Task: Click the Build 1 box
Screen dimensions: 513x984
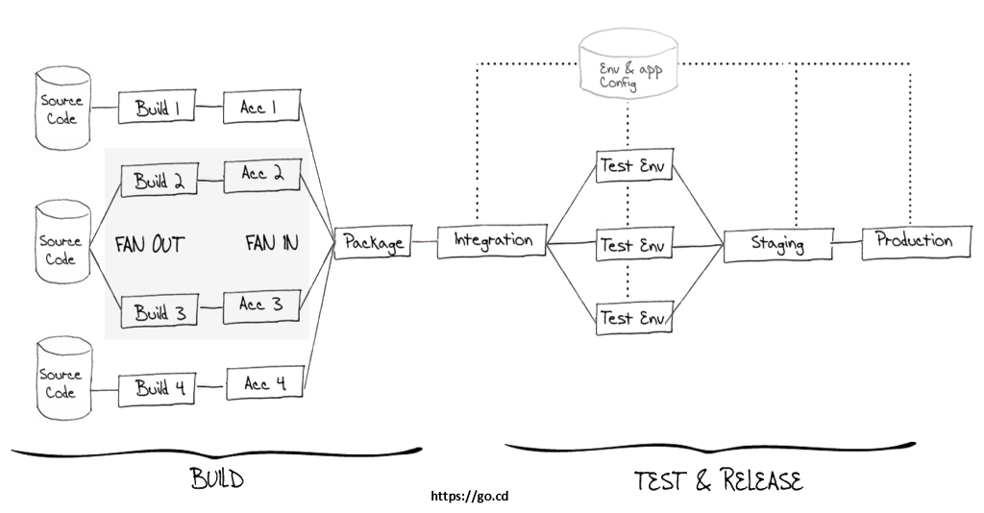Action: tap(157, 109)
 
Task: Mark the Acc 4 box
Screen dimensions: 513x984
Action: tap(264, 383)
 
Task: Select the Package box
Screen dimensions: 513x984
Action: tap(373, 243)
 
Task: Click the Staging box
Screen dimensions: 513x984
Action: tap(777, 244)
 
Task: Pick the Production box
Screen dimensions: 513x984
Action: tap(914, 240)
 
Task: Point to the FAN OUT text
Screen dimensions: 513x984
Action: tap(149, 244)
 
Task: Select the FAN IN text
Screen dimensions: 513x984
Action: tap(271, 244)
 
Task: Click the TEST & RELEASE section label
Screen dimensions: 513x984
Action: tap(719, 479)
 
